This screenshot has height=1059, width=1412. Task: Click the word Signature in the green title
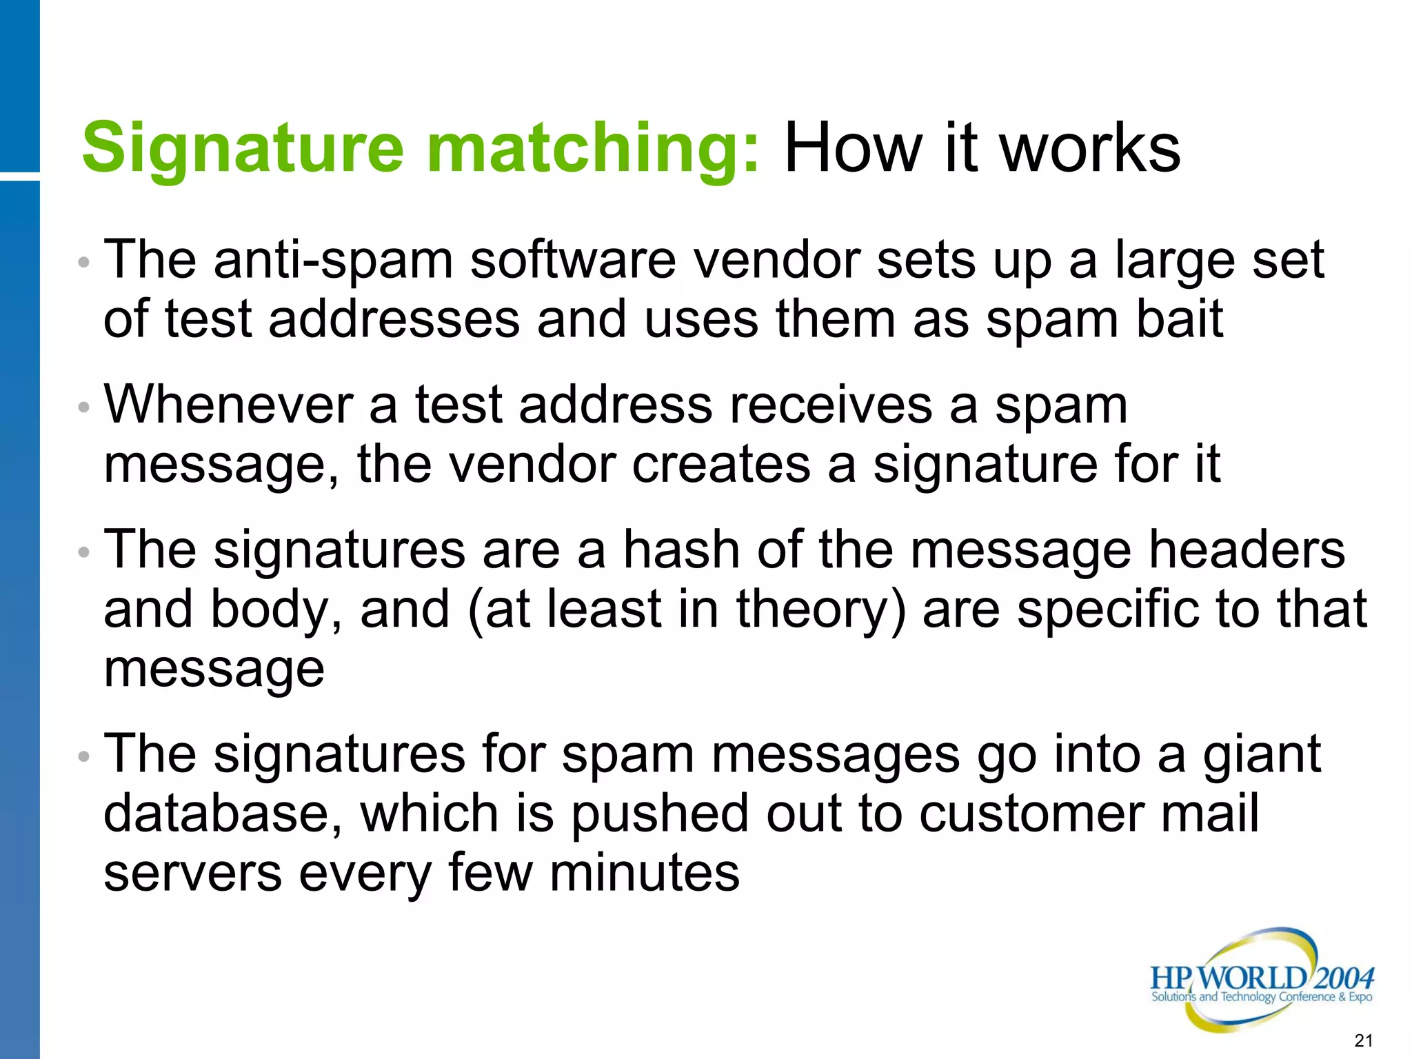(243, 148)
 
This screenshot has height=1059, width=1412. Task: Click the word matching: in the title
(593, 148)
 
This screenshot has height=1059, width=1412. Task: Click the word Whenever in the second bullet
(228, 405)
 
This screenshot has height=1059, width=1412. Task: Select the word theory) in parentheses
(820, 610)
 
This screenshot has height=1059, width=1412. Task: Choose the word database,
(223, 814)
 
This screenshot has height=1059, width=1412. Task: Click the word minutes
(644, 873)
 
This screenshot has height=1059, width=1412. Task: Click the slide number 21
(1364, 1040)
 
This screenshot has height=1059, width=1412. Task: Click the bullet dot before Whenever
(84, 407)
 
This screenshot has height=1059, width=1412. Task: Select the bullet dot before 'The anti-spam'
(84, 263)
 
